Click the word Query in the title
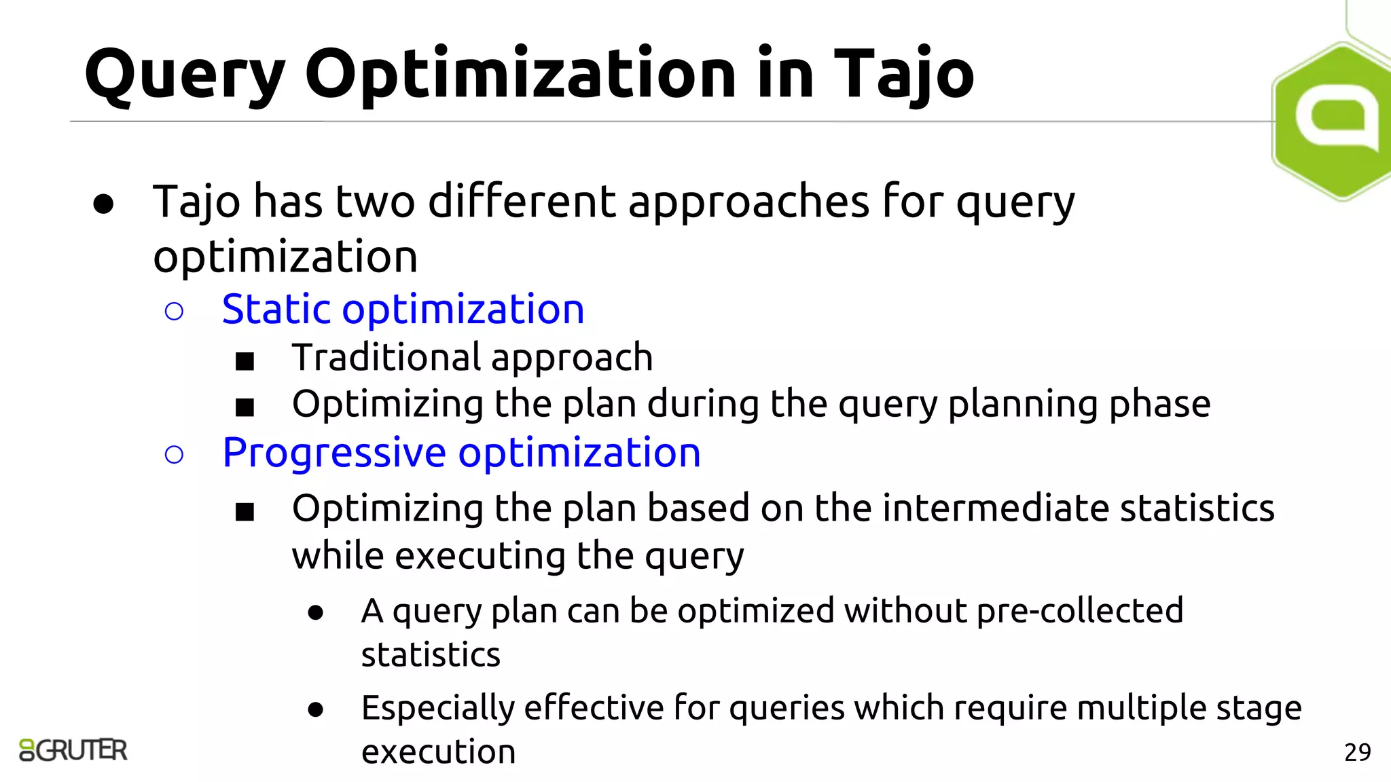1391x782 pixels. coord(185,75)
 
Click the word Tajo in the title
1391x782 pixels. coord(903,75)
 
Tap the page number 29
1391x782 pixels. coord(1357,752)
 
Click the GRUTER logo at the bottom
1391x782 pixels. coord(73,750)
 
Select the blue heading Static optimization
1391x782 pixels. coord(403,310)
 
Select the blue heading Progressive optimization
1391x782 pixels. coord(461,453)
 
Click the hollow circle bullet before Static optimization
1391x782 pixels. coord(174,312)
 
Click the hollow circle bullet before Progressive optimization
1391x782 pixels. coord(174,455)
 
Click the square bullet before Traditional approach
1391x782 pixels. coord(245,360)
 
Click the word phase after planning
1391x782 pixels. coord(1159,405)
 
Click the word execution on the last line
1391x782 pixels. coord(438,752)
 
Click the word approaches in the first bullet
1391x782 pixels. coord(748,203)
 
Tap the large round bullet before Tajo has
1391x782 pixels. coord(103,204)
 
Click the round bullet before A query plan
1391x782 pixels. coord(315,613)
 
